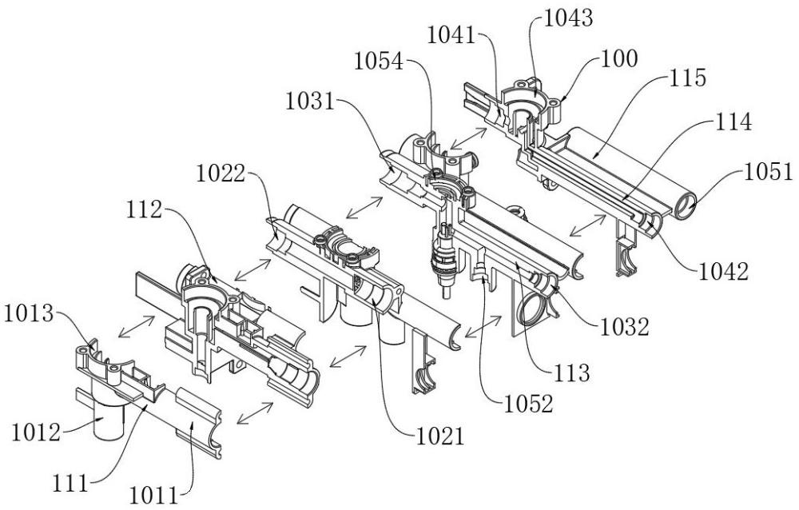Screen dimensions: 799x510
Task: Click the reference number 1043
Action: click(569, 19)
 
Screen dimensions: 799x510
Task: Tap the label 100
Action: click(619, 58)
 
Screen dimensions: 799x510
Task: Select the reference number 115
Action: click(688, 78)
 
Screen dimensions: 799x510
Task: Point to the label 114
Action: click(733, 122)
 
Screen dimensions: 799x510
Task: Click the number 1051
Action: click(769, 172)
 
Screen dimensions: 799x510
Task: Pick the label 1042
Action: click(723, 272)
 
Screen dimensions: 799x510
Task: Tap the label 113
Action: click(571, 373)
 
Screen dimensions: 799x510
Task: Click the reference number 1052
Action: click(528, 404)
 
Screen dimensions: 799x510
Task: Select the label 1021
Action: click(441, 437)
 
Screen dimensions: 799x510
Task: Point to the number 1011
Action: click(153, 495)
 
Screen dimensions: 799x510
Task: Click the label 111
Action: click(70, 483)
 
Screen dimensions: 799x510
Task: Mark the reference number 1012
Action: click(36, 433)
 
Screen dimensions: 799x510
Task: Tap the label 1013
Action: click(29, 314)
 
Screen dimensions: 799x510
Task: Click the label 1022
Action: click(221, 174)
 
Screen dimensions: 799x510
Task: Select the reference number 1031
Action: click(310, 102)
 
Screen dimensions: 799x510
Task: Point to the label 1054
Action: click(379, 62)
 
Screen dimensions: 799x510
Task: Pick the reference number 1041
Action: click(451, 36)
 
